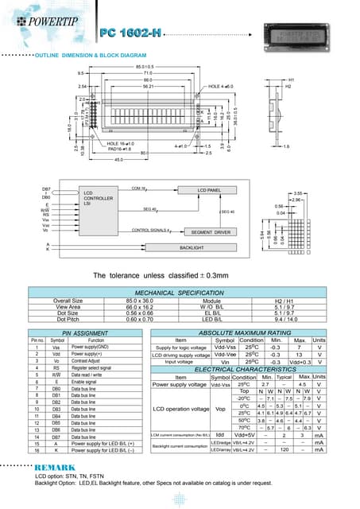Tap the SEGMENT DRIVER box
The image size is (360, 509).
[x=211, y=231]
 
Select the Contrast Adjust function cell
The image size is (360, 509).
[x=87, y=361]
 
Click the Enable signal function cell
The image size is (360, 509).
[x=86, y=383]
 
